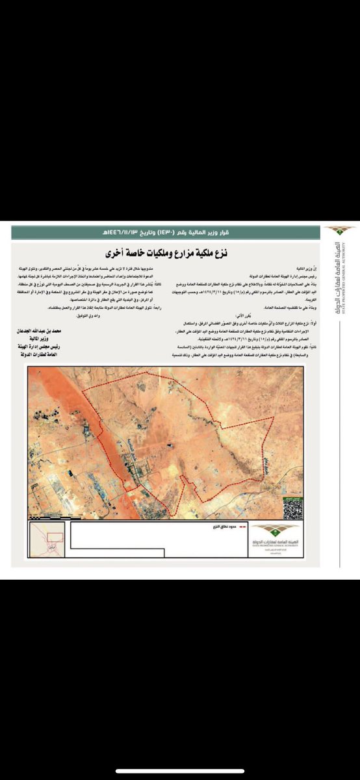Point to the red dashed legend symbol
pos(242,525)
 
